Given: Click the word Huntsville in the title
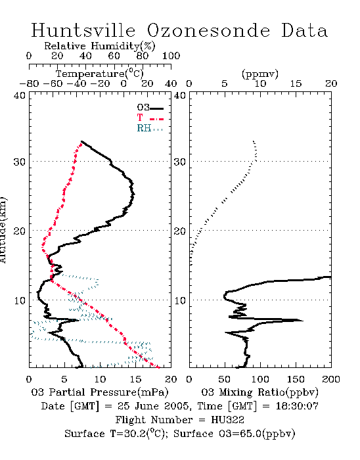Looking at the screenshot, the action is click(x=83, y=30).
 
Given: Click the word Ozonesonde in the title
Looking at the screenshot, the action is click(x=208, y=30).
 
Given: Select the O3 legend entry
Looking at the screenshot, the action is click(x=150, y=108).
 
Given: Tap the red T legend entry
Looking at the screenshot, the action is click(x=150, y=118).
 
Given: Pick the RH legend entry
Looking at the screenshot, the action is click(x=150, y=128).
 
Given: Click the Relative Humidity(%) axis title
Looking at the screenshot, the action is click(x=100, y=46).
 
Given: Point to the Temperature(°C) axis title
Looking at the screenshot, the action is click(x=99, y=74).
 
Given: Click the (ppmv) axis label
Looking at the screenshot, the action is click(x=260, y=74).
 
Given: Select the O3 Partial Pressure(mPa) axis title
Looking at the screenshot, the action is click(x=100, y=392).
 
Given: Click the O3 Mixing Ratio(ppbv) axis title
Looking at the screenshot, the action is click(x=259, y=392).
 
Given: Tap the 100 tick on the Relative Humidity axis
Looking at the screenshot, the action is click(x=171, y=56).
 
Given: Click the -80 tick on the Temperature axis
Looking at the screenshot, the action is click(x=29, y=83).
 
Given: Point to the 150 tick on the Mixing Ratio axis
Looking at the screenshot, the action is click(x=296, y=379).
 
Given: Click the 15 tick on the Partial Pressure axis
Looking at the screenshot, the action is click(x=135, y=379).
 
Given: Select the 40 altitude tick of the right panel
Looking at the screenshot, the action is click(x=179, y=95).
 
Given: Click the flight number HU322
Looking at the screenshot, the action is click(x=227, y=420).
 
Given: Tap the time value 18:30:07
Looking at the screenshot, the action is click(x=297, y=406).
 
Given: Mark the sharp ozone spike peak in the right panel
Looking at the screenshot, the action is click(x=303, y=321).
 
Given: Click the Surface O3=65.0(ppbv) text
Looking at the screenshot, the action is click(x=234, y=434).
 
